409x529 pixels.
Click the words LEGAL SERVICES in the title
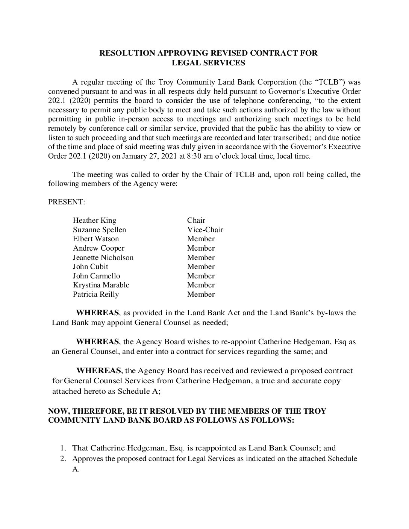pyautogui.click(x=208, y=63)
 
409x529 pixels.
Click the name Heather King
pyautogui.click(x=94, y=221)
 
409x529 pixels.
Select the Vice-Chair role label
pyautogui.click(x=205, y=230)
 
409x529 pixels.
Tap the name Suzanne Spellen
pyautogui.click(x=99, y=230)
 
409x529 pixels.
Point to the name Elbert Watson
pyautogui.click(x=95, y=239)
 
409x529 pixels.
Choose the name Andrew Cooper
pyautogui.click(x=98, y=248)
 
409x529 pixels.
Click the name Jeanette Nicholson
pyautogui.click(x=103, y=258)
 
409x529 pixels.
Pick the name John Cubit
pyautogui.click(x=90, y=267)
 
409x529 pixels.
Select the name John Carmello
pyautogui.click(x=96, y=276)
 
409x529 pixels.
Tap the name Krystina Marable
pyautogui.click(x=101, y=285)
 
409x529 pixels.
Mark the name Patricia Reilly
pyautogui.click(x=95, y=295)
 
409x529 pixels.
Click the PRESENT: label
pyautogui.click(x=67, y=202)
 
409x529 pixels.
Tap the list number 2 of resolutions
pyautogui.click(x=64, y=459)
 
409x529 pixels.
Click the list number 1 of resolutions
pyautogui.click(x=64, y=448)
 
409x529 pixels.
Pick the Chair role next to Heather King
pyautogui.click(x=196, y=221)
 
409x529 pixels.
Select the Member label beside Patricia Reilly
pyautogui.click(x=201, y=295)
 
